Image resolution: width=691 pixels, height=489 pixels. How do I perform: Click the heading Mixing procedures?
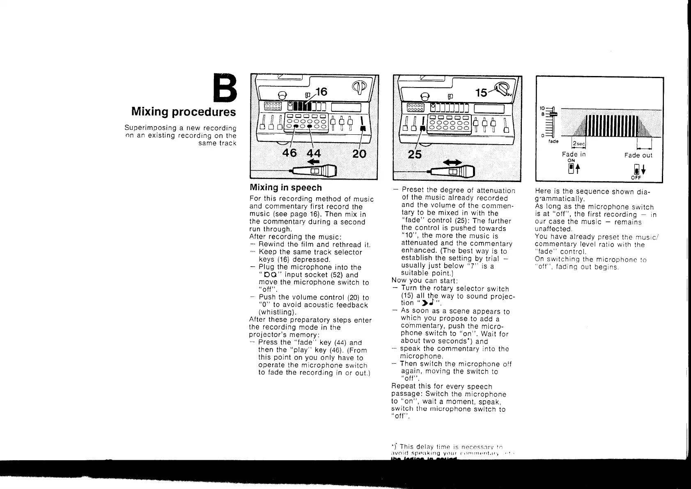184,112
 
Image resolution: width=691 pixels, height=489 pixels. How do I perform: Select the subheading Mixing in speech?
286,188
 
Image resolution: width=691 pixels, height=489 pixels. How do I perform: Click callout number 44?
313,154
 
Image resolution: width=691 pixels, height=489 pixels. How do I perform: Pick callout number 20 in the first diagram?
359,154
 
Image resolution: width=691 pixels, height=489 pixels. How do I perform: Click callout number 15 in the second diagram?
481,93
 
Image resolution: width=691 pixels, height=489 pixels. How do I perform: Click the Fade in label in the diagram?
574,154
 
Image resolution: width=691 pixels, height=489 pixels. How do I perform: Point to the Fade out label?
638,155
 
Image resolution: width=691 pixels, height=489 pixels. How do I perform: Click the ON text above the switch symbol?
571,161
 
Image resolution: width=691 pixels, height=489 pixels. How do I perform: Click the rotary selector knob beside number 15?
504,89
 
